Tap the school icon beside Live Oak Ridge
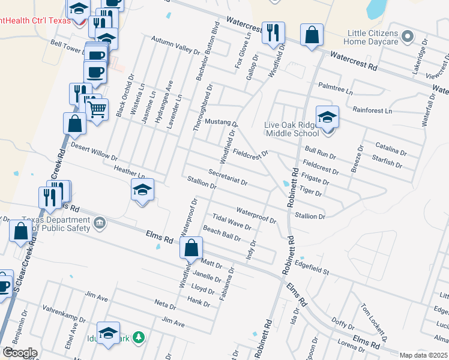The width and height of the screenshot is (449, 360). pyautogui.click(x=328, y=116)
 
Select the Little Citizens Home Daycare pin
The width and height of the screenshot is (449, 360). pyautogui.click(x=408, y=37)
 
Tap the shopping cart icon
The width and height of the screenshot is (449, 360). pyautogui.click(x=97, y=109)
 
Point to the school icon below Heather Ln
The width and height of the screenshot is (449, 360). pyautogui.click(x=142, y=190)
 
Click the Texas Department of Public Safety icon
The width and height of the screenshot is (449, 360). pyautogui.click(x=100, y=224)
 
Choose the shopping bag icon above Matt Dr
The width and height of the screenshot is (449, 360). pyautogui.click(x=191, y=247)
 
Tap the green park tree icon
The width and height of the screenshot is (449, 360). pyautogui.click(x=139, y=338)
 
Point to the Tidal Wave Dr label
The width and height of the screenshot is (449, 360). pyautogui.click(x=232, y=221)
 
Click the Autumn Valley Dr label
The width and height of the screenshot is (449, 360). pyautogui.click(x=175, y=46)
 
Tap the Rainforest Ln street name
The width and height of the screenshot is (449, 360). pyautogui.click(x=372, y=110)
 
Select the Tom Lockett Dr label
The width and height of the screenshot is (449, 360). pyautogui.click(x=371, y=316)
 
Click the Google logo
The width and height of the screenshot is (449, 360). pyautogui.click(x=20, y=352)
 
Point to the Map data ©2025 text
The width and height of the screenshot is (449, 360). pyautogui.click(x=423, y=355)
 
